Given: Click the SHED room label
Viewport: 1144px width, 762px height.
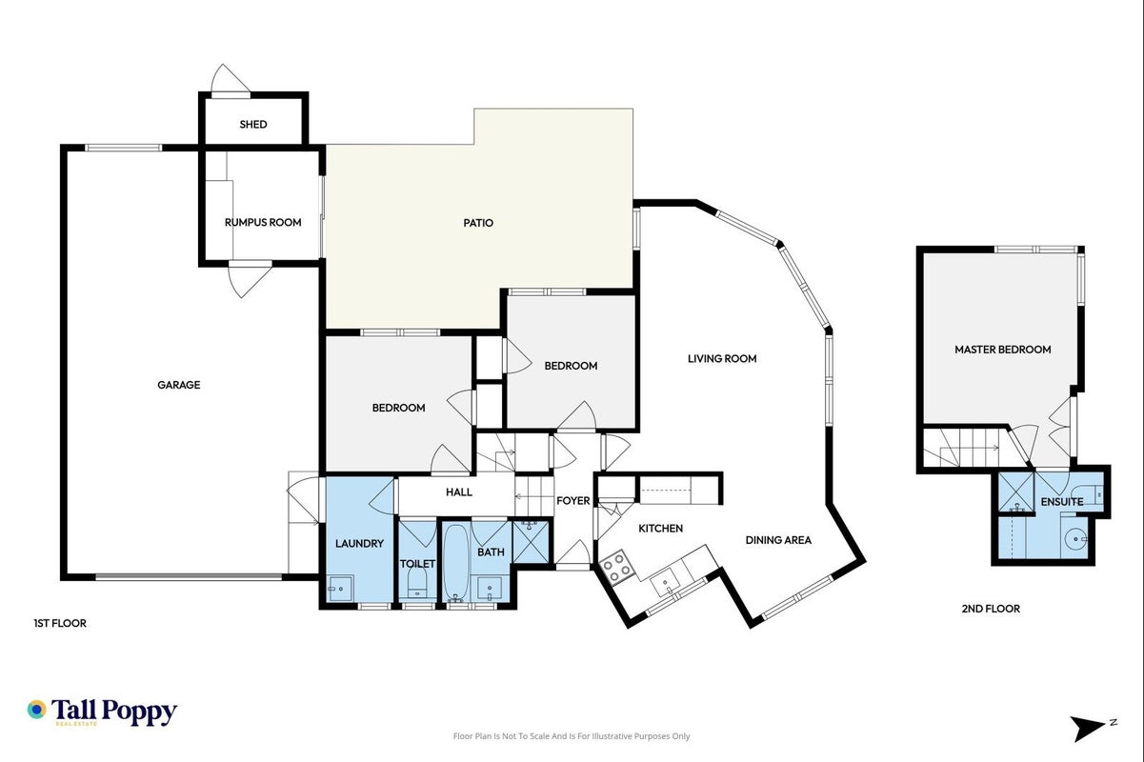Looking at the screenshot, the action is coord(253,124).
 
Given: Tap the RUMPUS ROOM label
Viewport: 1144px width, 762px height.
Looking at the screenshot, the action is coord(263,222).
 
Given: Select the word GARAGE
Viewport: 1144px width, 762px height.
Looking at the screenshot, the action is coord(179,385).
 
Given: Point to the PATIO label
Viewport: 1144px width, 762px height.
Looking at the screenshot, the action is coord(478,223).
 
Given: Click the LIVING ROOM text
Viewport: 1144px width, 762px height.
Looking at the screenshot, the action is coord(722,358).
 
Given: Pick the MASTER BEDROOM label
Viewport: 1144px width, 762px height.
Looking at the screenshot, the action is coord(1003,350).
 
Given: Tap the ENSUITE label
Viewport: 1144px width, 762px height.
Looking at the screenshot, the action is coord(1062,502).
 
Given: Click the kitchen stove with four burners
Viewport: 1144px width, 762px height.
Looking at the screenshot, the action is coord(617,567).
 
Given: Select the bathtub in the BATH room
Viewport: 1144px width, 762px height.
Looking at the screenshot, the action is coord(455,562).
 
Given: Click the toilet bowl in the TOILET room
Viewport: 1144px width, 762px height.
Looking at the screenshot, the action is coord(417,582).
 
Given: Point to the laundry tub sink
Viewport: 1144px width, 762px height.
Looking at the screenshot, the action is coord(340,589).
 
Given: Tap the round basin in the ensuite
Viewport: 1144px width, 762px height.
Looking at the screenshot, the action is coord(1074,539).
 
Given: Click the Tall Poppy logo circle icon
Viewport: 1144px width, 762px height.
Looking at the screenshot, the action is coord(36,710).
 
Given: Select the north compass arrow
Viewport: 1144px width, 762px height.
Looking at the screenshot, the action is coord(1089,729).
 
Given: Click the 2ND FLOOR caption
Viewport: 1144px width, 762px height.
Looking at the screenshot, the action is coord(991,609).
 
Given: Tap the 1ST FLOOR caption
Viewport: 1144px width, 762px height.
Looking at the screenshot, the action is coord(60,623).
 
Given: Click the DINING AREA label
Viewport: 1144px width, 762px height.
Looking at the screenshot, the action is coord(778,540).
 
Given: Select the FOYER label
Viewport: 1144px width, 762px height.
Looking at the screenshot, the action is coord(573,500).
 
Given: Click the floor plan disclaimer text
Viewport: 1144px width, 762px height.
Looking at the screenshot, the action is coord(572,736).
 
